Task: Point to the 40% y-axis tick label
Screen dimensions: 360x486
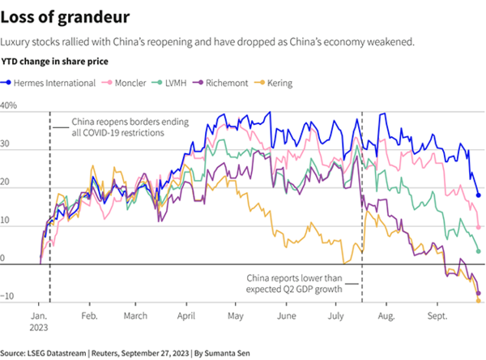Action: (9, 106)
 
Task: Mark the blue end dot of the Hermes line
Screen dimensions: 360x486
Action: (478, 195)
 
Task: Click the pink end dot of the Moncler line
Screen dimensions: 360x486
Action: (478, 227)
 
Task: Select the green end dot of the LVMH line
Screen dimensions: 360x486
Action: (478, 251)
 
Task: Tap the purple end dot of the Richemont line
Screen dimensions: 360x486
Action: (478, 293)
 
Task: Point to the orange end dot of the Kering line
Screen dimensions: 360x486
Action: (478, 301)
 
